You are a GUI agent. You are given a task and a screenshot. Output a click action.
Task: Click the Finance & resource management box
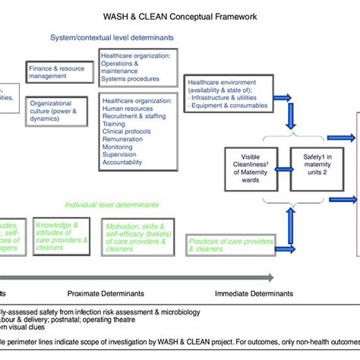58,72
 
